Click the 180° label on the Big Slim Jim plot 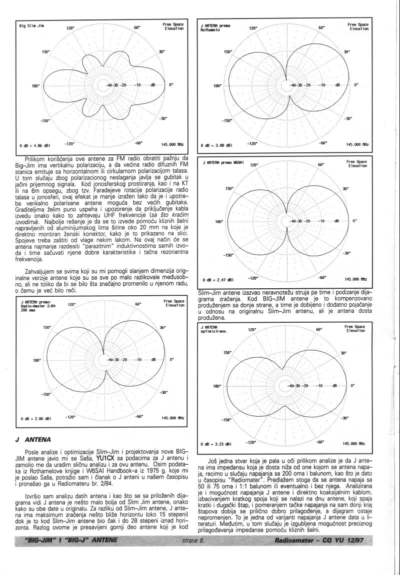tap(35, 85)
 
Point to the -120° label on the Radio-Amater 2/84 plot tap(70, 416)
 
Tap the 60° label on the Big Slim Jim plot tap(137, 27)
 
